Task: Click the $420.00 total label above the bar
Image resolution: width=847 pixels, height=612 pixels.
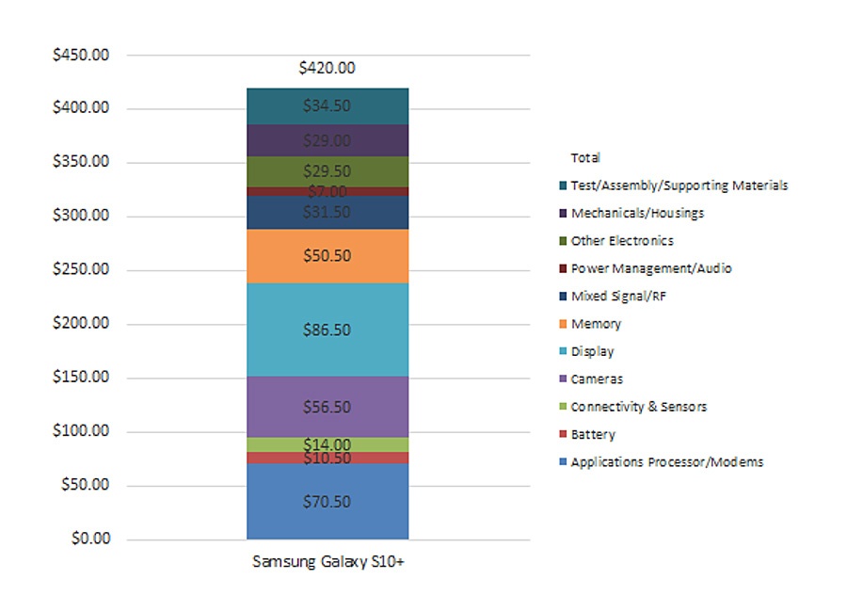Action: pos(327,68)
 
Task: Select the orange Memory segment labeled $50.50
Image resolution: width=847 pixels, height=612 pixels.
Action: pos(327,256)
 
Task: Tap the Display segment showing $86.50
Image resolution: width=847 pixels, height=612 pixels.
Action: pos(327,330)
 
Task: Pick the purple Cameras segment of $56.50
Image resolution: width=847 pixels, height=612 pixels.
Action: pos(327,407)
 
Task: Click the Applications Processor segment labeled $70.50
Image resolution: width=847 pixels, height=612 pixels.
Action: pos(327,502)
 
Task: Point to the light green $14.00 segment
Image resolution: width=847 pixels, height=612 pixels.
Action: pos(327,444)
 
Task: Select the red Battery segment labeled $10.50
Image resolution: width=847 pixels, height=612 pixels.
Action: pos(327,458)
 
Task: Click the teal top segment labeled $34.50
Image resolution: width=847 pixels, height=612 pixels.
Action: pos(327,106)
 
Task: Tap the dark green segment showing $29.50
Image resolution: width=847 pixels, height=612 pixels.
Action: pos(327,171)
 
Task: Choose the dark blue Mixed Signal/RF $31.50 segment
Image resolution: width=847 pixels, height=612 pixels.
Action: pos(327,213)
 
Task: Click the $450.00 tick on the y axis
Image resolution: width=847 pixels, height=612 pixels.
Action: pos(82,55)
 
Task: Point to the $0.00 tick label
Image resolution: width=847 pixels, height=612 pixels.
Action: pos(90,540)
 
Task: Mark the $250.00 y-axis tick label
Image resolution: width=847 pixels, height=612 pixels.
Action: pos(82,269)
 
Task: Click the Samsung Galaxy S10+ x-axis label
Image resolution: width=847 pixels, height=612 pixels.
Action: pos(328,562)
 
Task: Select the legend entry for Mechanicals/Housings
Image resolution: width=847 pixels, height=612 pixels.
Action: pos(636,213)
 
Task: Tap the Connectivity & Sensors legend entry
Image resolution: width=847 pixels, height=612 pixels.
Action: pos(638,407)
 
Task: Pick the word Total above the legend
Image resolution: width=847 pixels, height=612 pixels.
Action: pos(584,158)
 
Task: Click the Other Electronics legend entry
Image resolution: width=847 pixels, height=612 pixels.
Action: pos(621,241)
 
